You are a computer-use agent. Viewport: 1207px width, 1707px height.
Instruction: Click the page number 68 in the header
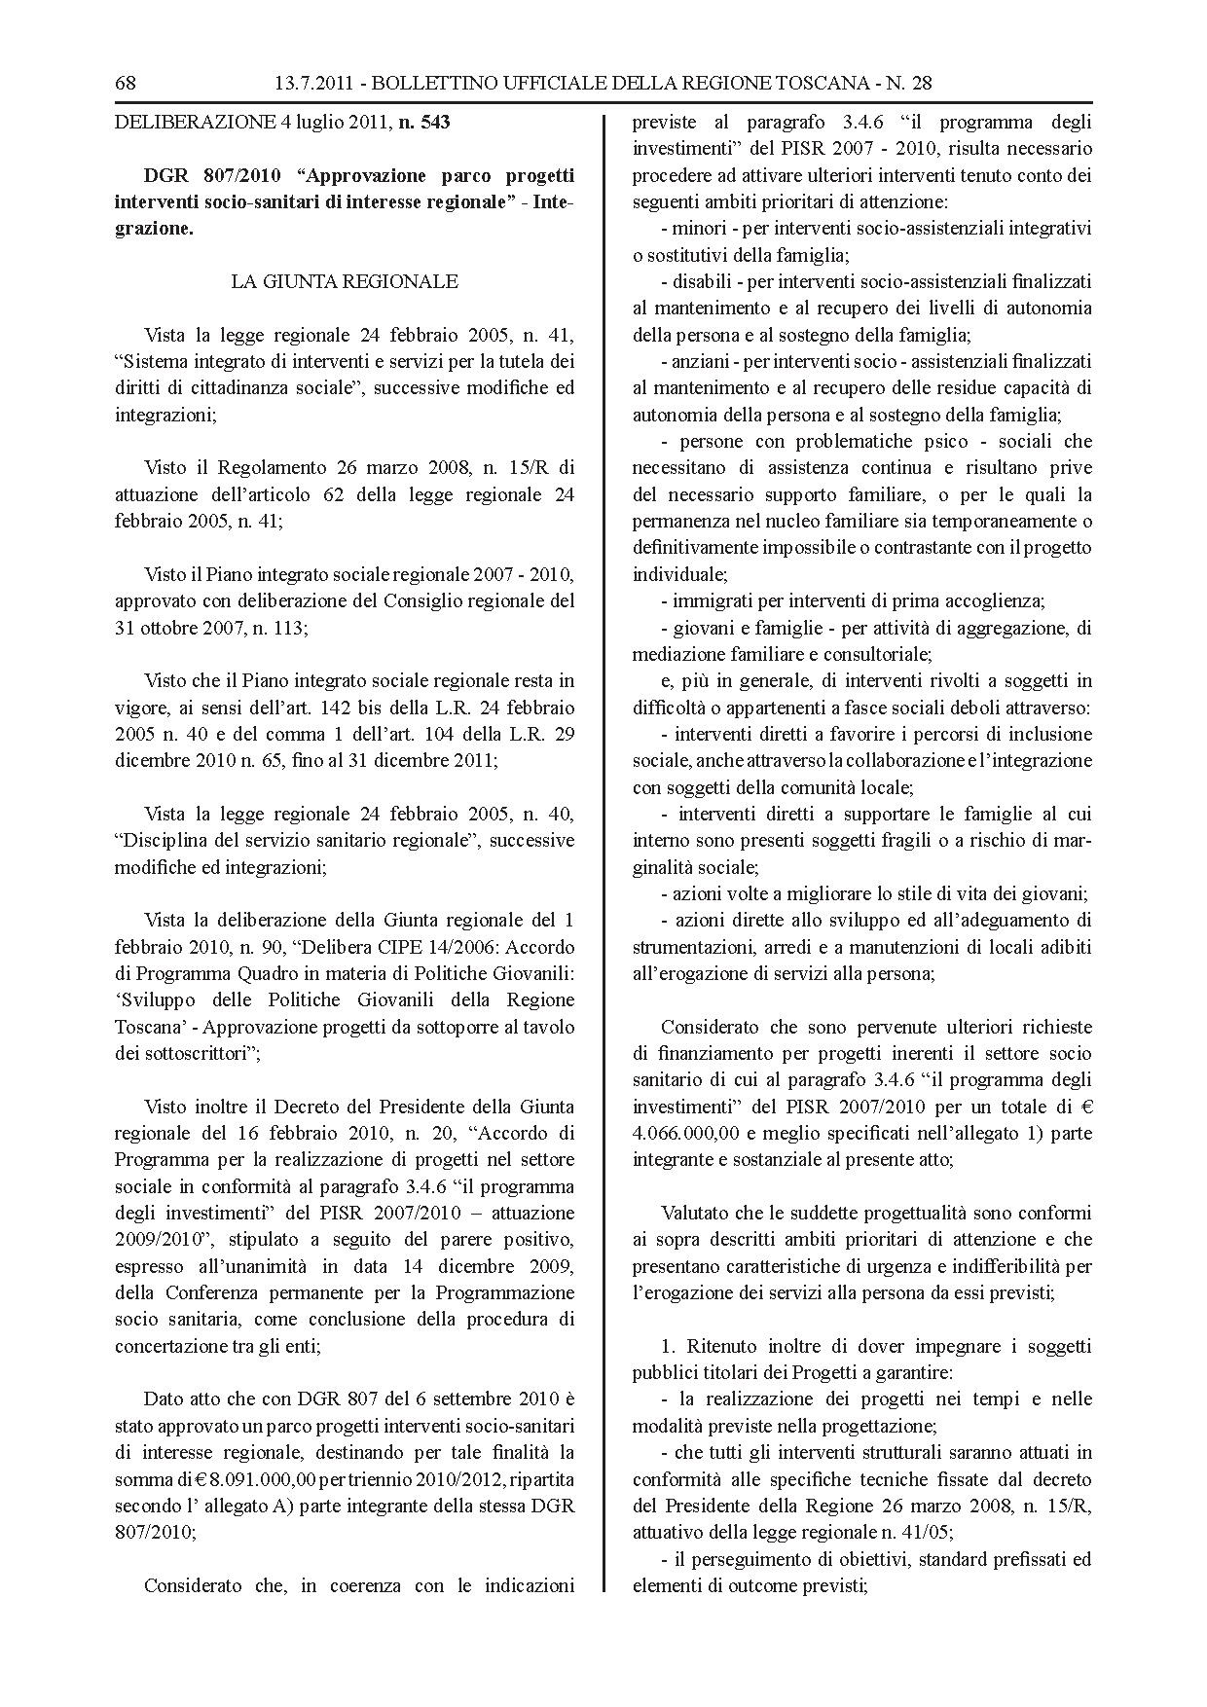(x=125, y=83)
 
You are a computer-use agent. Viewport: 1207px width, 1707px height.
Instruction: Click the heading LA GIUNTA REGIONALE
(x=344, y=281)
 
